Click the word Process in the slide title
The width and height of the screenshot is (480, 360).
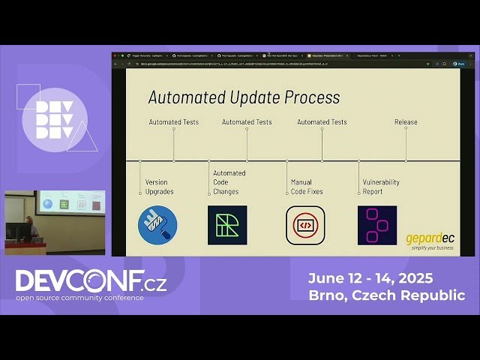pyautogui.click(x=308, y=97)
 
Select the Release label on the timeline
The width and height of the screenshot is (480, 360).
pyautogui.click(x=406, y=121)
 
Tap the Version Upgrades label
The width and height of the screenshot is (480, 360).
pyautogui.click(x=160, y=187)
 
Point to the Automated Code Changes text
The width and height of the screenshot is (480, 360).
pyautogui.click(x=229, y=182)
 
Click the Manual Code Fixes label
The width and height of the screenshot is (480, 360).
pyautogui.click(x=307, y=187)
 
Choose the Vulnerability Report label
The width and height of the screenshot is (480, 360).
pyautogui.click(x=381, y=187)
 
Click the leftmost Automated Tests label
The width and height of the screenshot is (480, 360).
pyautogui.click(x=174, y=121)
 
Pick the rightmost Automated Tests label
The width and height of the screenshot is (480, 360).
pyautogui.click(x=322, y=121)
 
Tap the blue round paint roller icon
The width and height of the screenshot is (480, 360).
pyautogui.click(x=157, y=225)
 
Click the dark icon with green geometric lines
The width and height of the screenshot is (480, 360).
pyautogui.click(x=227, y=225)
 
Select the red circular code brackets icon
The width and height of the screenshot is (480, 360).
pyautogui.click(x=305, y=225)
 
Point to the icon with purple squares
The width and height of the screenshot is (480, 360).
pyautogui.click(x=376, y=225)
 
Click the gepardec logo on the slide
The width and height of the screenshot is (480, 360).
pyautogui.click(x=430, y=240)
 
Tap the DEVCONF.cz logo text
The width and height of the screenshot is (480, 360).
pyautogui.click(x=91, y=281)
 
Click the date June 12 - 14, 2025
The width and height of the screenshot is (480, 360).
pyautogui.click(x=370, y=278)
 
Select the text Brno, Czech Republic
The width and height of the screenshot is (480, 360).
pyautogui.click(x=386, y=295)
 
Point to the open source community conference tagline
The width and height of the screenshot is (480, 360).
pyautogui.click(x=80, y=298)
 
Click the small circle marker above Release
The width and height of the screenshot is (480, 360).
pyautogui.click(x=406, y=128)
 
